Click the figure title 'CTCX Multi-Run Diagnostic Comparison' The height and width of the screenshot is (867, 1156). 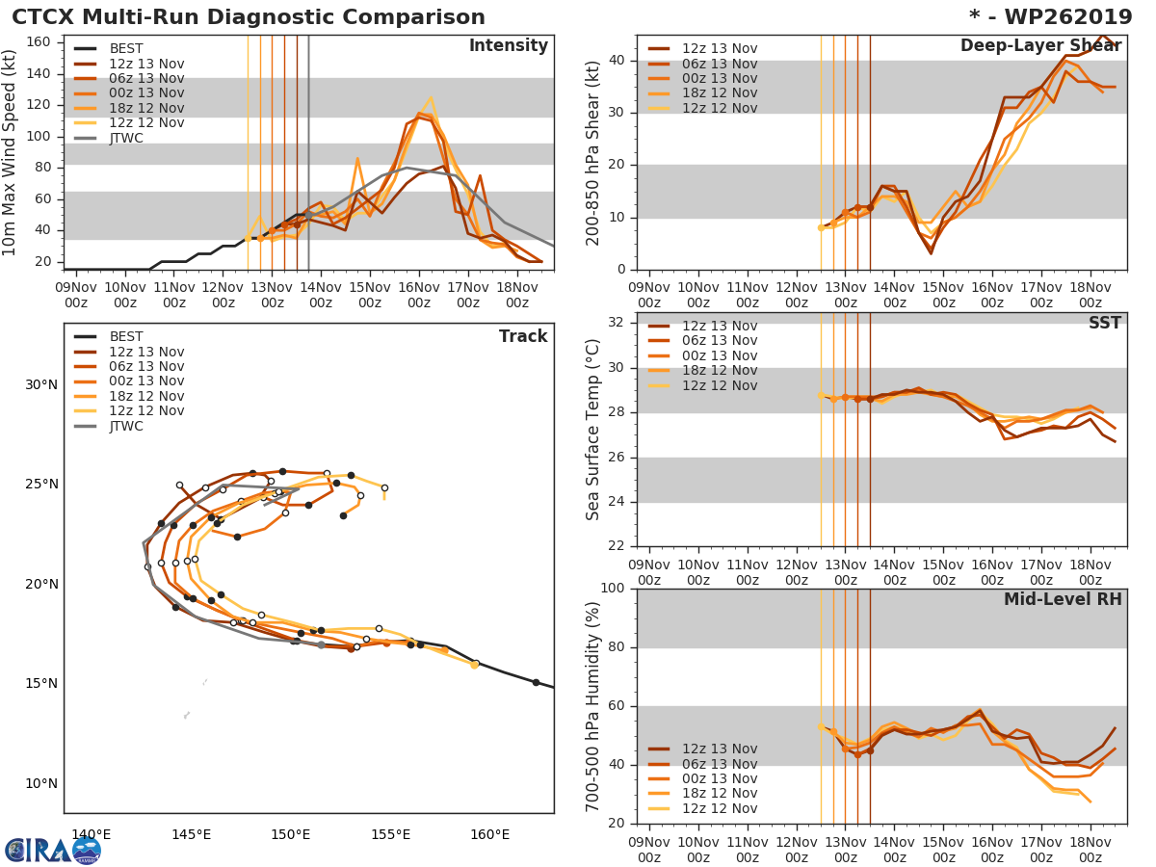(x=249, y=17)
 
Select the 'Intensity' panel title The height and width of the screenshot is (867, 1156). (x=508, y=46)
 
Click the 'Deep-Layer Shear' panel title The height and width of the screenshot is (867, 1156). (x=1040, y=46)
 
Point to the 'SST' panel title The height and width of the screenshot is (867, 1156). (x=1104, y=324)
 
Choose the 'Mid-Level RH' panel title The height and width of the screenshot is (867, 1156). (x=1063, y=599)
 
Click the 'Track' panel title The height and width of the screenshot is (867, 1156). (x=522, y=336)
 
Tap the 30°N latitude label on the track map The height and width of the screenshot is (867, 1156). (x=41, y=385)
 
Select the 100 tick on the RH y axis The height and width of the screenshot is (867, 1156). (x=609, y=589)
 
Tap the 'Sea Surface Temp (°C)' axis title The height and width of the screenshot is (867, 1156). (x=593, y=429)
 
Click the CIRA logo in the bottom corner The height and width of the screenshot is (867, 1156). (x=52, y=851)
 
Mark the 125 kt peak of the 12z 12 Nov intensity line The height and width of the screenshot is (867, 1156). (x=431, y=96)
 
